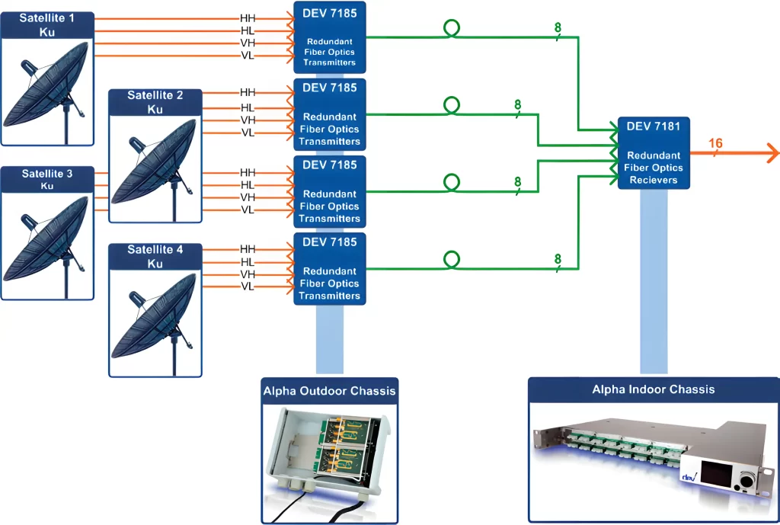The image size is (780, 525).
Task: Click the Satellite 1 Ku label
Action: tap(47, 24)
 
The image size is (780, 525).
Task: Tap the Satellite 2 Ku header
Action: tap(155, 102)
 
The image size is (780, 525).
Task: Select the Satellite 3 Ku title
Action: tap(47, 180)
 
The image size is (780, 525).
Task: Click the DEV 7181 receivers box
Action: tap(654, 153)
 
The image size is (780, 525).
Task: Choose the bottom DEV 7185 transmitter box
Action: tap(330, 268)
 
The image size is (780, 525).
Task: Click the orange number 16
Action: tap(715, 143)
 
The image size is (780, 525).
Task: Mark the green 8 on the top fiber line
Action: tap(558, 28)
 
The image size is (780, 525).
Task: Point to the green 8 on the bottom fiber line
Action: tap(558, 259)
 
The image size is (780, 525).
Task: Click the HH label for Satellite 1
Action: tap(248, 18)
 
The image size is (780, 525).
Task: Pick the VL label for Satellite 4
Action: tap(248, 287)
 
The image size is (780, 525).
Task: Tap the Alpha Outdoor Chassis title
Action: tap(329, 392)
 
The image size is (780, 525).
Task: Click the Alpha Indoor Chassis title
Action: tap(654, 389)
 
